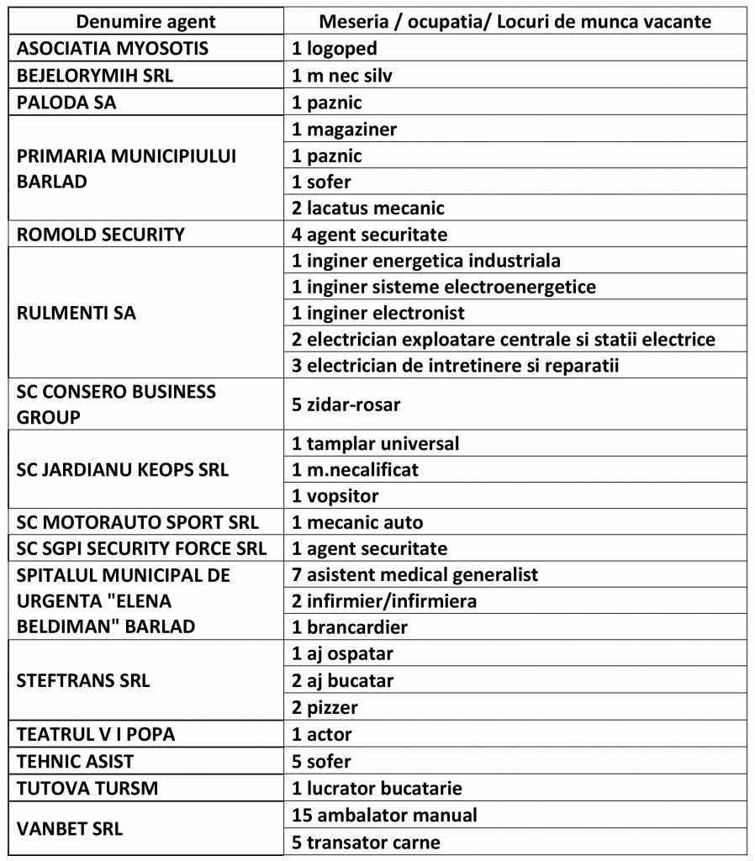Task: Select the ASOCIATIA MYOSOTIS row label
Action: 113,49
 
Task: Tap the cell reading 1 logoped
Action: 335,49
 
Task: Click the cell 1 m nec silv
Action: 342,76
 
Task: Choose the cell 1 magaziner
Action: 344,129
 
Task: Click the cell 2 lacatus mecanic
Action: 368,207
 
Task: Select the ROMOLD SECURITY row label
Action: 101,234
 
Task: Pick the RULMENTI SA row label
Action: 77,313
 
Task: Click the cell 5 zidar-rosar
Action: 346,404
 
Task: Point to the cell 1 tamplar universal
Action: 376,443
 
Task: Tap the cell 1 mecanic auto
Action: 357,523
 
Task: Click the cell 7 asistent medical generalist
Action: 414,575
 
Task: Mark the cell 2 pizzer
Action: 325,707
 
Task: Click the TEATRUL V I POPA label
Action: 96,734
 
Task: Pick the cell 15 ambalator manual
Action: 384,815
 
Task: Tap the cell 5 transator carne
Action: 366,842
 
